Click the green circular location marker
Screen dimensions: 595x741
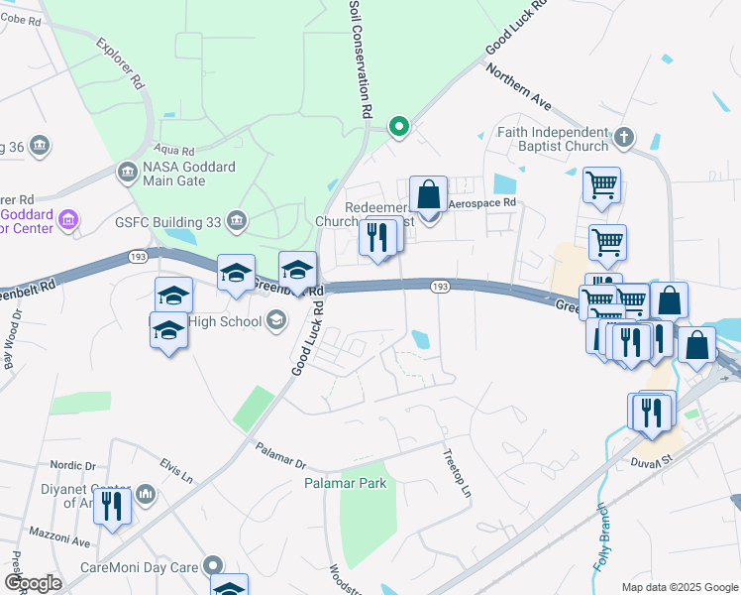point(399,126)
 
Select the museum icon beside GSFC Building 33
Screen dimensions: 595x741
point(236,220)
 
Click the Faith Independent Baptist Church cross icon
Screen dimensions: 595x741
point(623,137)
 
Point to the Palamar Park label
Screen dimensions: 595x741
point(345,484)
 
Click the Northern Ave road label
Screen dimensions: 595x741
point(516,87)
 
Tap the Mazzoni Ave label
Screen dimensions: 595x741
point(64,543)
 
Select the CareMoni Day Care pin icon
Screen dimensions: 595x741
point(215,566)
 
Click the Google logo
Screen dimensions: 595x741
point(33,583)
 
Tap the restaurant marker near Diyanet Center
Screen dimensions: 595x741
point(112,507)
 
